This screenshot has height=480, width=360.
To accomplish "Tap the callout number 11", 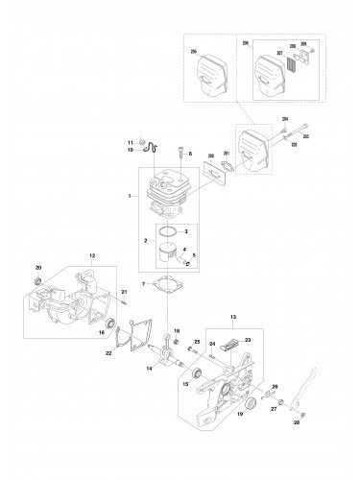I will [x=132, y=142].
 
